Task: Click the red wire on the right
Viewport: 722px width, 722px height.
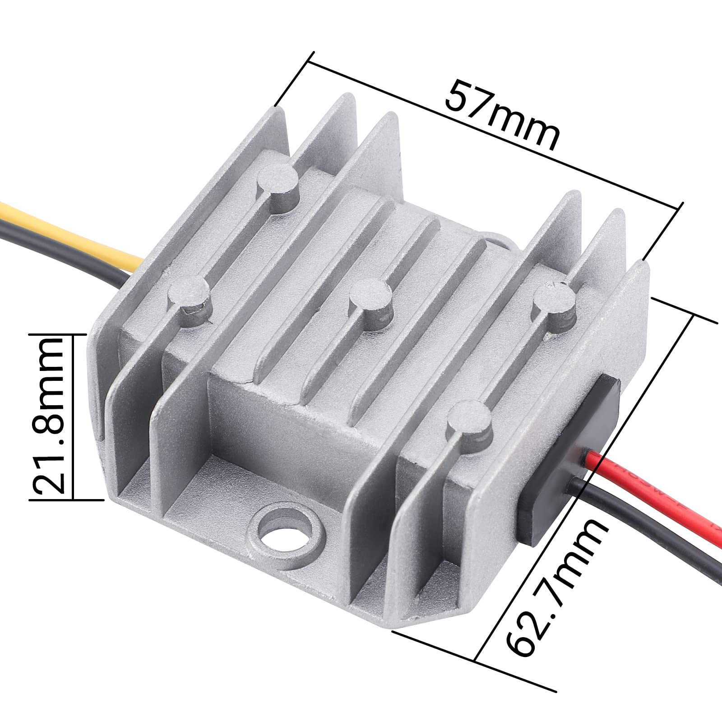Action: coord(654,487)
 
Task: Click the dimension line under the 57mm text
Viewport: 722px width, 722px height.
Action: coord(492,135)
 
